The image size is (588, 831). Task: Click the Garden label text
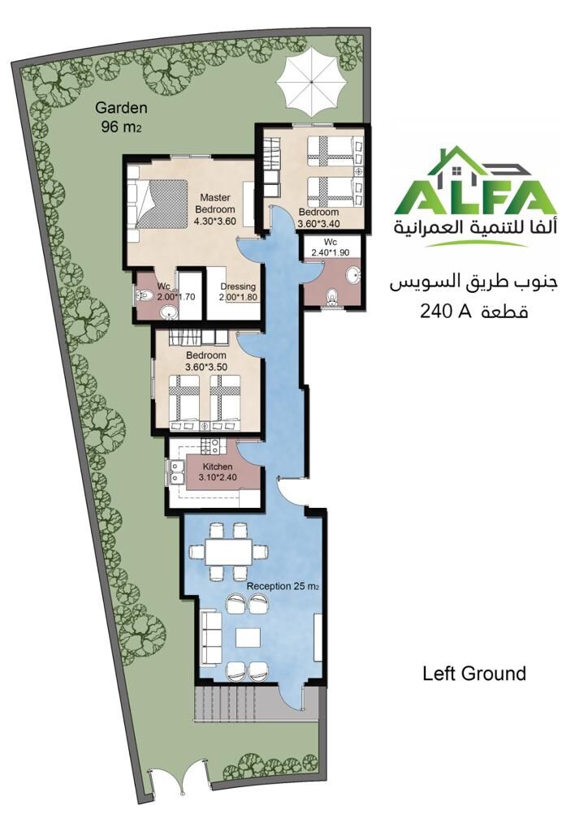[121, 108]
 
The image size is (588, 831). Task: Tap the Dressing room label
[238, 286]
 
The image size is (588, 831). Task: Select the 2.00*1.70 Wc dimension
[176, 297]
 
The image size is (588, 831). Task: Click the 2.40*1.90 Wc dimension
[330, 252]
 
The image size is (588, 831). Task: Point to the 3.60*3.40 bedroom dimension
[318, 223]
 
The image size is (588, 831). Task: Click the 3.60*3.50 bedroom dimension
[205, 366]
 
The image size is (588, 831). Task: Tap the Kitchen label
[218, 467]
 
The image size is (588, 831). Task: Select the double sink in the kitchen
[175, 472]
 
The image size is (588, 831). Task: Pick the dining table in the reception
[228, 552]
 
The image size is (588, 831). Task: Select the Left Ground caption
[474, 674]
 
